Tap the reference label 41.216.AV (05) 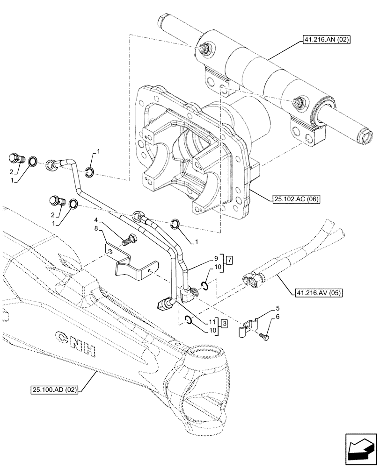pos(319,293)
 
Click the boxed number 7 pos(229,259)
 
